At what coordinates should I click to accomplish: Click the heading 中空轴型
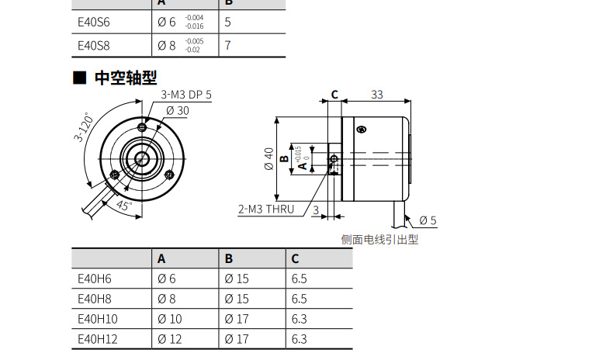[x=126, y=78]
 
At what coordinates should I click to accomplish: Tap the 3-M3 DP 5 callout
[x=186, y=95]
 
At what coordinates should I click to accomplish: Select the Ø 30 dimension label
[x=178, y=111]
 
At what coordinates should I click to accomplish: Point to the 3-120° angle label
[x=84, y=127]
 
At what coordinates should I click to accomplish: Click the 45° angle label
[x=124, y=205]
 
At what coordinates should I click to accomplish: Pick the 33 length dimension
[x=377, y=95]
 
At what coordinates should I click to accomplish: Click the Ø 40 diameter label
[x=268, y=159]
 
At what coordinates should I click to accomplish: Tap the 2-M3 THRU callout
[x=266, y=209]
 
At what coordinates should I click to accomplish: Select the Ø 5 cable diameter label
[x=428, y=220]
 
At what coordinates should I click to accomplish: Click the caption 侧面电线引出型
[x=379, y=240]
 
